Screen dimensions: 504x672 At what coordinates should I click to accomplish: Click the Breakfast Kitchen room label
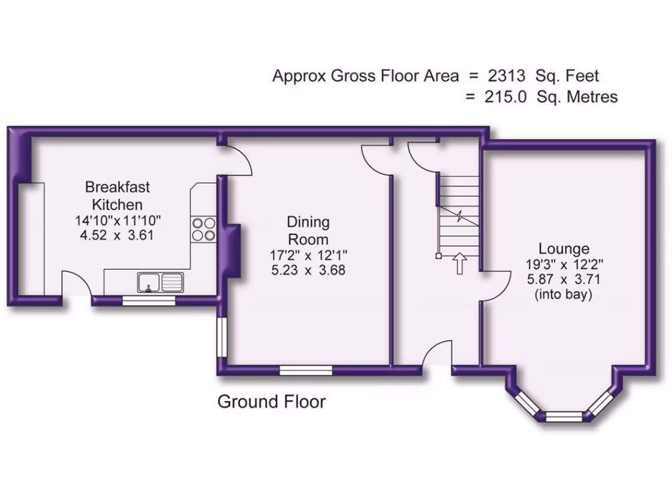pos(117,195)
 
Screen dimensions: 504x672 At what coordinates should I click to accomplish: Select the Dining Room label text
pos(308,230)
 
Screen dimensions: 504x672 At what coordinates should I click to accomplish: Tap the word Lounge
pos(564,249)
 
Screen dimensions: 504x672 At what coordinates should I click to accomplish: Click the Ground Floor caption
pos(271,402)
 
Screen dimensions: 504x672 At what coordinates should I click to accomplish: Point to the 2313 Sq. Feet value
pos(543,76)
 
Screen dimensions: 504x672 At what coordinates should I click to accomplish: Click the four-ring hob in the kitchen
pos(203,228)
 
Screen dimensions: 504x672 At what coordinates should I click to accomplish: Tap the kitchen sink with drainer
pos(161,282)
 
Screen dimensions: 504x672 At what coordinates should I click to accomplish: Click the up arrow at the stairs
pos(459,264)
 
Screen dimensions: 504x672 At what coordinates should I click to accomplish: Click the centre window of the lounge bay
pos(564,415)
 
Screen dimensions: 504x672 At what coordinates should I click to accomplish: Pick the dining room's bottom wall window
pos(306,371)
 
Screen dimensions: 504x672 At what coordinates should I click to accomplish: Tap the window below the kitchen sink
pos(150,301)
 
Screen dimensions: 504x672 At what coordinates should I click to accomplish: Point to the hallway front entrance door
pos(436,358)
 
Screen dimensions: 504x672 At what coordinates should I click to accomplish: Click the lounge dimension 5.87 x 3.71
pos(564,279)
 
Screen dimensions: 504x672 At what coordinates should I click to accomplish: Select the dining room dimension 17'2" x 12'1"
pos(308,255)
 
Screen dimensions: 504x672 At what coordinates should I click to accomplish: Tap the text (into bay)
pos(564,295)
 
